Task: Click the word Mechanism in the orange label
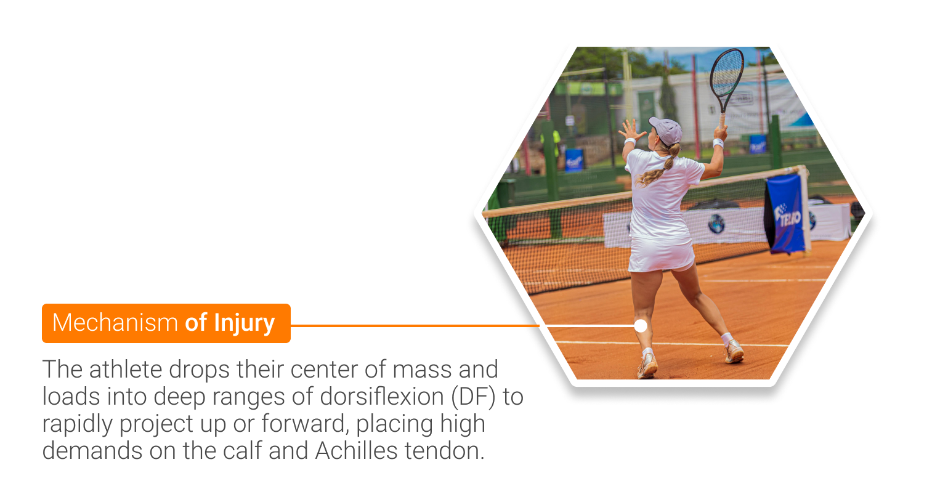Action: [115, 323]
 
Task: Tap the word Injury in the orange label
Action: [244, 324]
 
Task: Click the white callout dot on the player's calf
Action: [641, 325]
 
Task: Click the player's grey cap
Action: [666, 130]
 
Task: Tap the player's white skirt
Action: [660, 254]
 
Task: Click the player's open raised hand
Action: [631, 129]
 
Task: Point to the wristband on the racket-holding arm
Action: [718, 143]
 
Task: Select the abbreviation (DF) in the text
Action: [473, 398]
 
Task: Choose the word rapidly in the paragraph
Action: [78, 425]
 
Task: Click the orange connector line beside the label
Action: [415, 325]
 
